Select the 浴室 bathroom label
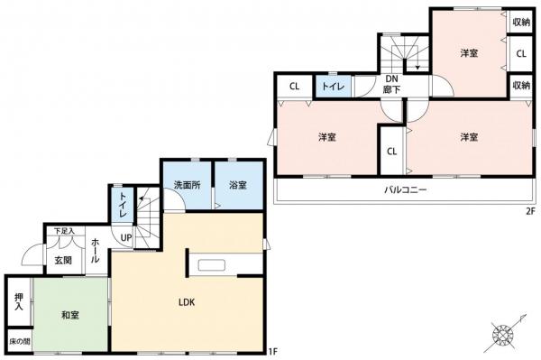239,186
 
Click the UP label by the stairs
126,237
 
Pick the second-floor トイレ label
331,88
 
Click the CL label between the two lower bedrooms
392,152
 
